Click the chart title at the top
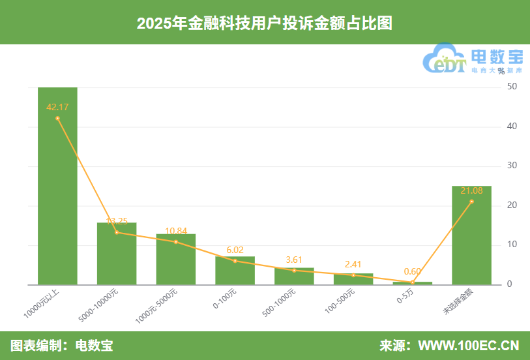click(x=265, y=23)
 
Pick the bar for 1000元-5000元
click(x=176, y=260)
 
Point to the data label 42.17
click(x=57, y=106)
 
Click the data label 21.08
click(x=471, y=190)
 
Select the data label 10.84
click(x=176, y=231)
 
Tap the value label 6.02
click(x=235, y=250)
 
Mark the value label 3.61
click(x=294, y=260)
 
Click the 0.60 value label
click(x=412, y=271)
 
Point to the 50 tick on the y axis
click(x=512, y=87)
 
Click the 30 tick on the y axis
click(x=512, y=166)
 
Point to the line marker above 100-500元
click(x=353, y=275)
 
